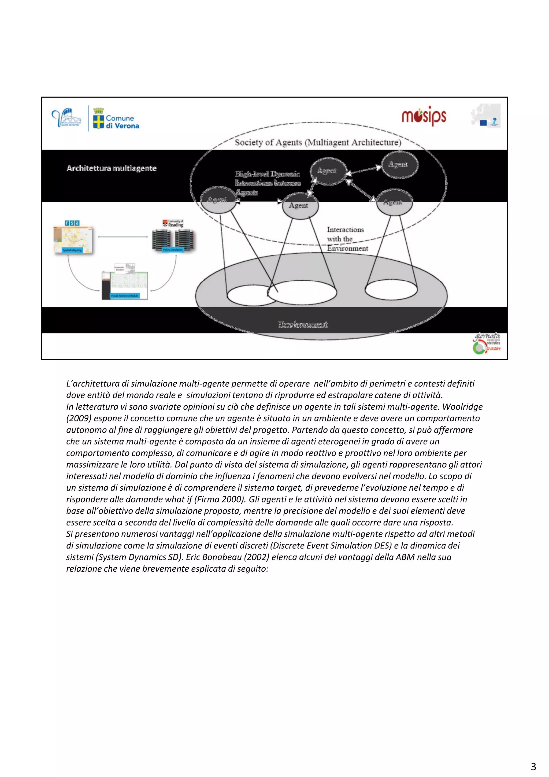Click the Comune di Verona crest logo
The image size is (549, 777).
(98, 119)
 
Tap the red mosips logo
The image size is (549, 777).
(424, 116)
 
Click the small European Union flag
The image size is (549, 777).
(483, 123)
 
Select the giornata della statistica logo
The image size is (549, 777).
(487, 343)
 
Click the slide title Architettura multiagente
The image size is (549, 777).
(112, 168)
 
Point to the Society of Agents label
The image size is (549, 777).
(318, 142)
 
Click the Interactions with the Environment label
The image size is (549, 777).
(347, 239)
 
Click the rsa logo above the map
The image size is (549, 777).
(72, 223)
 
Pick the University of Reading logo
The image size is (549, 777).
(173, 223)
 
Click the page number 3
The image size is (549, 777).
(533, 766)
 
